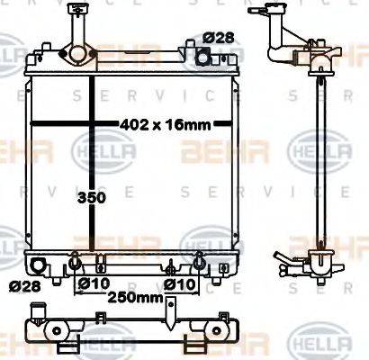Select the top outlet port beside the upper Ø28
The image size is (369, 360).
click(203, 58)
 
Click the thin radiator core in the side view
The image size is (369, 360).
click(313, 162)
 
